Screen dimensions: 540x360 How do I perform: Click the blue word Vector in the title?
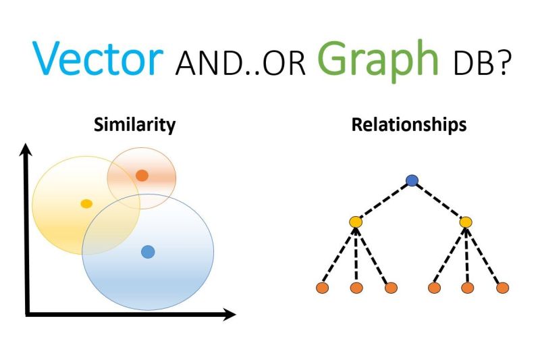tap(97, 57)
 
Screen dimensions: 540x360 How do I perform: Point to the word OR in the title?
tap(284, 63)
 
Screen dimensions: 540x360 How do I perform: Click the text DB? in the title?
tap(481, 63)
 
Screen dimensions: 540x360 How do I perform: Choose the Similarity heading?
tap(134, 125)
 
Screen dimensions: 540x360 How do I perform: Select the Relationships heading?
tap(409, 125)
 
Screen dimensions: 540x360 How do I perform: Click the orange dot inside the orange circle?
tap(142, 176)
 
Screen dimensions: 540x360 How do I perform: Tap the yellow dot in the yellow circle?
tap(86, 203)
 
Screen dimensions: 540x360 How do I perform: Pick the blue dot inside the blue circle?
tap(148, 252)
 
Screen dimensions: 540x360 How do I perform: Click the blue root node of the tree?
tap(412, 180)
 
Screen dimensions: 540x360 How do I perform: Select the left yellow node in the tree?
tap(356, 222)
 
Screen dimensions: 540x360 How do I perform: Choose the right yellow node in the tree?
tap(466, 222)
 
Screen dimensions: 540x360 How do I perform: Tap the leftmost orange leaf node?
tap(323, 288)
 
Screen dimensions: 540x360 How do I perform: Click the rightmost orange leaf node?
tap(503, 288)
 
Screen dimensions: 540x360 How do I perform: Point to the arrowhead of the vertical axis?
tap(26, 150)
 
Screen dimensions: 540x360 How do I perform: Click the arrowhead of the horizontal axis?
tap(229, 314)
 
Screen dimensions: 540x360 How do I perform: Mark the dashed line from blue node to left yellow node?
tap(384, 201)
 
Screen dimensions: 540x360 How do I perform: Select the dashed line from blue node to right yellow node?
tap(439, 201)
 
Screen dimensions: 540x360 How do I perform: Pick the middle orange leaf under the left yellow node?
tap(356, 288)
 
